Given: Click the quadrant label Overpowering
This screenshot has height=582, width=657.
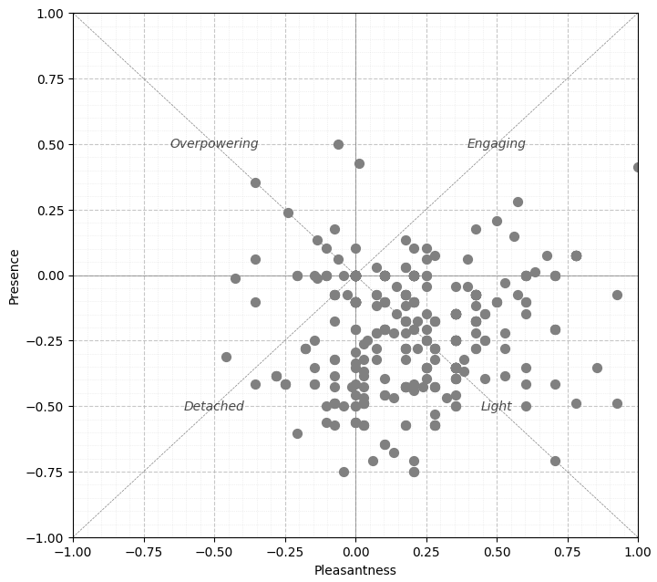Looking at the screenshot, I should click(214, 144).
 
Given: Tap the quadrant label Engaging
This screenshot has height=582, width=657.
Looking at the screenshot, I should click(497, 144).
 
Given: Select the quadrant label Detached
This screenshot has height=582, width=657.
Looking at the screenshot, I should click(214, 407).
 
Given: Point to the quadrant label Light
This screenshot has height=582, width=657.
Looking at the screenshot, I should click(497, 407).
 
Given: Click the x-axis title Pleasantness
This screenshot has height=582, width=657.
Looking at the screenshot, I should click(355, 571).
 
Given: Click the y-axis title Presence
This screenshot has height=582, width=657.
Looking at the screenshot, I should click(14, 275).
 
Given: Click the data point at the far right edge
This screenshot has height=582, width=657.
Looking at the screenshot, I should click(637, 167).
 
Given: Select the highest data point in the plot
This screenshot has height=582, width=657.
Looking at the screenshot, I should click(338, 144).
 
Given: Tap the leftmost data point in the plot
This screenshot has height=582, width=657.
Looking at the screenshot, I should click(226, 357).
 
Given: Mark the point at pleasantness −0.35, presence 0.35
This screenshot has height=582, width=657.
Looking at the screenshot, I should click(255, 182).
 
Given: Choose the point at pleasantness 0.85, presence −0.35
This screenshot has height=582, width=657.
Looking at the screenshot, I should click(597, 368).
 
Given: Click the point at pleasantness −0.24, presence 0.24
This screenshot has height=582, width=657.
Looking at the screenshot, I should click(288, 213).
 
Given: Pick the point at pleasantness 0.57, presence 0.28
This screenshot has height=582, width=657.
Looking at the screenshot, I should click(518, 202).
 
